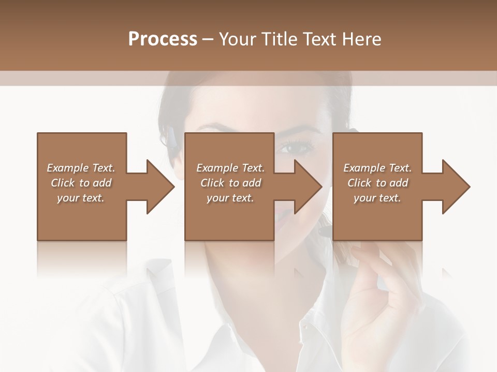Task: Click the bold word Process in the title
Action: [163, 39]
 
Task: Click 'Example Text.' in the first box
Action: [81, 168]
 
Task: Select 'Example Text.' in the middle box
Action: [230, 168]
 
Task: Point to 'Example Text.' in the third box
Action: [377, 168]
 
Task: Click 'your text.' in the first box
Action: [81, 198]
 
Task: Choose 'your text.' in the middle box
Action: [230, 198]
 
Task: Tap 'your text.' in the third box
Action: [377, 198]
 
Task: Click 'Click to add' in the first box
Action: [81, 183]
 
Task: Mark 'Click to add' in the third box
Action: [377, 183]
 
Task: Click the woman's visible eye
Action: [296, 148]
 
